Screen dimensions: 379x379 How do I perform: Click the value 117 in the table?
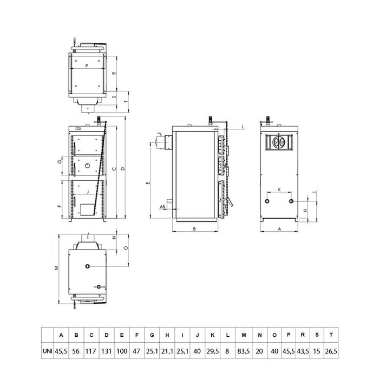(91, 351)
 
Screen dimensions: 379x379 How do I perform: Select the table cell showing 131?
(106, 351)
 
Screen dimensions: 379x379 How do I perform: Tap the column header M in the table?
(244, 335)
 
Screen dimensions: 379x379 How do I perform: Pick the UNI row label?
(48, 351)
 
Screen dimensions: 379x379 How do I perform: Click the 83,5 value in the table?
(244, 351)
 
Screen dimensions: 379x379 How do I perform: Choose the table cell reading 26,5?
(331, 351)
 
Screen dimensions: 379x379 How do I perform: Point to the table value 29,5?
(212, 351)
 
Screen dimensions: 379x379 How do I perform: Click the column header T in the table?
(331, 335)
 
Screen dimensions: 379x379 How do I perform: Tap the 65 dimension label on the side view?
(162, 206)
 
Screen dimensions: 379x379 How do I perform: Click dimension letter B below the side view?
(194, 228)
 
